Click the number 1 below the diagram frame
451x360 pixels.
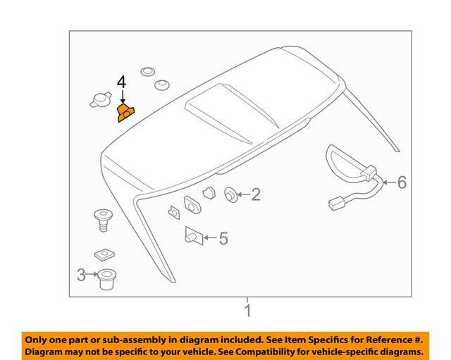click(247, 311)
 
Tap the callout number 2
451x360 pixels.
click(256, 194)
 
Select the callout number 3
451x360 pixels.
click(81, 275)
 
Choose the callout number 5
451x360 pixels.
click(223, 239)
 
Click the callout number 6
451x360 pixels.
click(402, 182)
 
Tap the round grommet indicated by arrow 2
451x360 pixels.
click(230, 194)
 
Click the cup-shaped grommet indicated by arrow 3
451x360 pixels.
click(107, 280)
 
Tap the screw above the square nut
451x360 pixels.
click(104, 219)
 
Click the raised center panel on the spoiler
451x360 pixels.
click(225, 113)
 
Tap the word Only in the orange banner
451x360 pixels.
click(37, 339)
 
